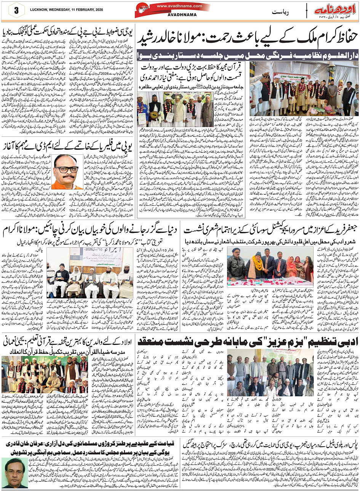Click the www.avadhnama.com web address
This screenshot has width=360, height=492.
[x=174, y=6]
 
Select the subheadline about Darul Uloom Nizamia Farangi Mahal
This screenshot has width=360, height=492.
[x=248, y=54]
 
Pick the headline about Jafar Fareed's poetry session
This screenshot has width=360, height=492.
[x=271, y=230]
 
